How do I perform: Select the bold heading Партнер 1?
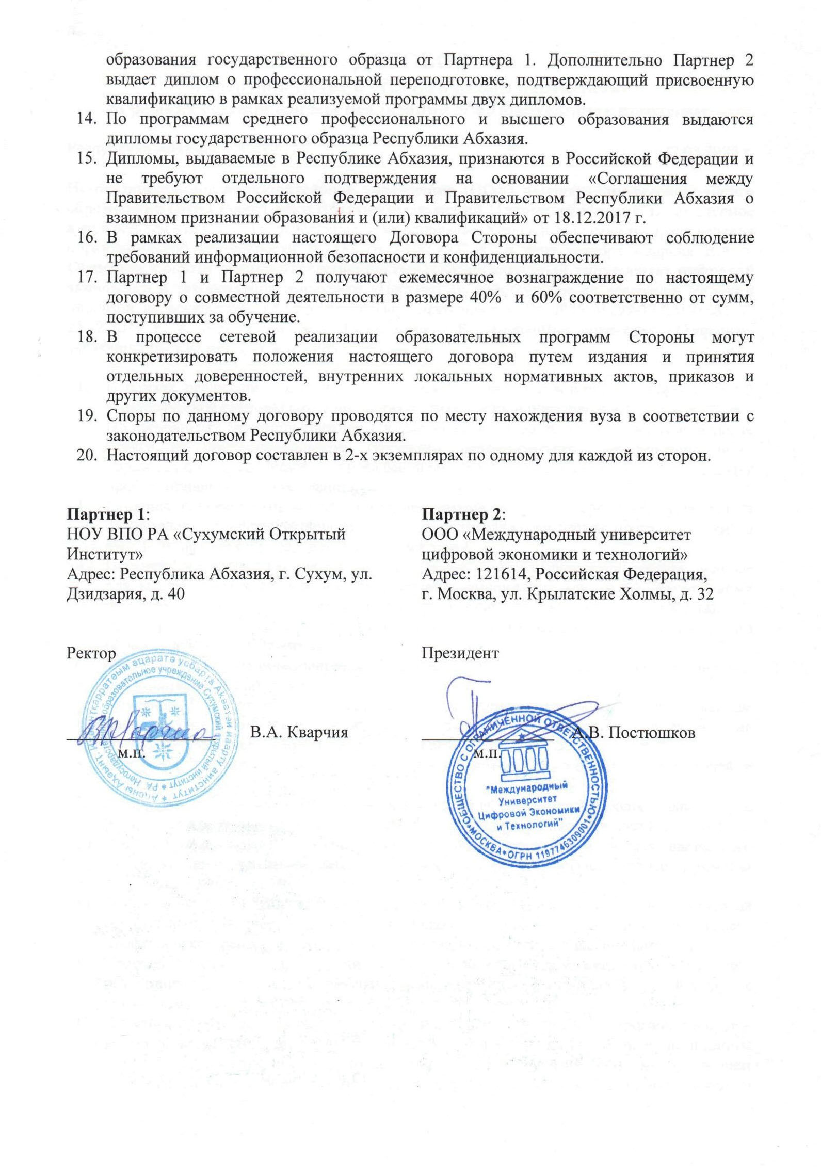(107, 514)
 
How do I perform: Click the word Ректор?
(91, 653)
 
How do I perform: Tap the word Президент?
(460, 653)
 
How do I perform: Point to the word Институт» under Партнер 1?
(105, 554)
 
